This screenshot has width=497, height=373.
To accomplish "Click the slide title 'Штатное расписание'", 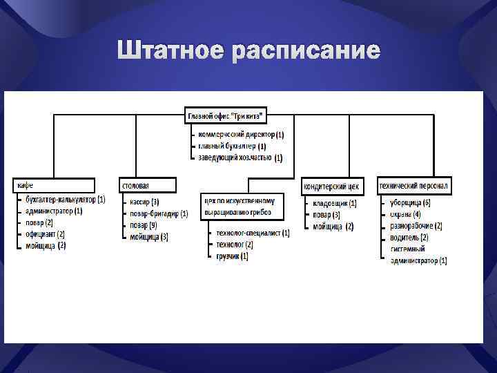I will [x=248, y=51].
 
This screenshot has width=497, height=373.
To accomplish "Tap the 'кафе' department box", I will [x=54, y=185].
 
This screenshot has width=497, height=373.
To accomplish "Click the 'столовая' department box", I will [x=148, y=185].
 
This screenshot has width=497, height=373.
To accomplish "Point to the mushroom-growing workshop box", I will [x=242, y=206].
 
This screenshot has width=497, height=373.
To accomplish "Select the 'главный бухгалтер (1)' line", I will [x=232, y=146].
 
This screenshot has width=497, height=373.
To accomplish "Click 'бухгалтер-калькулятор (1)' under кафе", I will [x=65, y=200].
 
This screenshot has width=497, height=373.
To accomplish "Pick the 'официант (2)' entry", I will [x=46, y=234].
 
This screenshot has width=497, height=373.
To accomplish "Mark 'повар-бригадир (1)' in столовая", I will [x=158, y=214].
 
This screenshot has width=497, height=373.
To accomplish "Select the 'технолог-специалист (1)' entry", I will [x=253, y=233].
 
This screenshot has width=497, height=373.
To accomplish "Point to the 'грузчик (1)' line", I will [x=233, y=256].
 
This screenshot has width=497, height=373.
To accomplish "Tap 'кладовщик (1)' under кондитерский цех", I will [x=335, y=203].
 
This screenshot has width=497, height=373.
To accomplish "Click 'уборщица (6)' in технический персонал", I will [x=410, y=202].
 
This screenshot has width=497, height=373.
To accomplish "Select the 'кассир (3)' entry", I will [x=144, y=202].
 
